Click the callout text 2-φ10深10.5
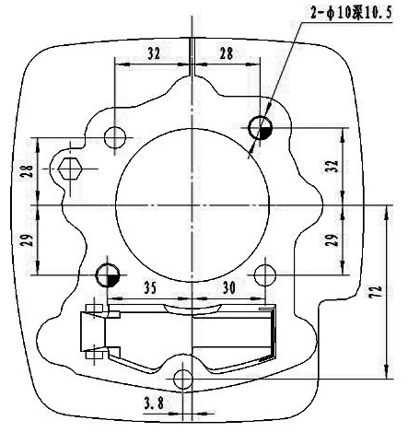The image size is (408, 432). click(x=351, y=14)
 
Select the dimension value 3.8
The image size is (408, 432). click(x=154, y=403)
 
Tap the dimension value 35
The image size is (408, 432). click(x=150, y=288)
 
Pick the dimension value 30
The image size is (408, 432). click(x=229, y=288)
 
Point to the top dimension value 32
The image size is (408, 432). click(x=154, y=54)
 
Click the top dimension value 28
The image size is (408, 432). click(x=227, y=54)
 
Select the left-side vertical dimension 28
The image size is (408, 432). click(x=29, y=170)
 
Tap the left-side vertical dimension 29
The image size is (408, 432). click(x=29, y=239)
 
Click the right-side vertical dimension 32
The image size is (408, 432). click(x=333, y=166)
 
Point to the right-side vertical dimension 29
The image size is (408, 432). click(x=333, y=239)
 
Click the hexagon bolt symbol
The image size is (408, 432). click(x=70, y=169)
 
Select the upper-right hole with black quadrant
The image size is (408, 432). click(x=260, y=127)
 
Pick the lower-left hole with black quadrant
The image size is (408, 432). click(x=108, y=274)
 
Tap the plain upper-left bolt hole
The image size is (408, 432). click(x=115, y=137)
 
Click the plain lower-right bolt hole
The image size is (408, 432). click(x=265, y=274)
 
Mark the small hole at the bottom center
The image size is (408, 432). click(x=183, y=379)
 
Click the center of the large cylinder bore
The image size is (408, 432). click(x=192, y=205)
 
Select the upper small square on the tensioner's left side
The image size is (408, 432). click(x=94, y=309)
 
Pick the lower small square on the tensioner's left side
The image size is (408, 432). click(x=94, y=355)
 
